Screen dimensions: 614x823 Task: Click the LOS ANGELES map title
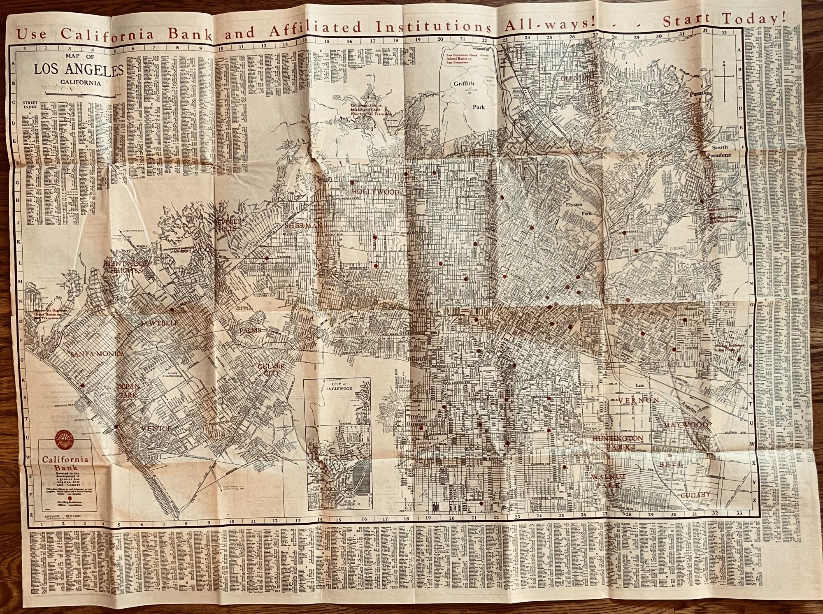(x=79, y=70)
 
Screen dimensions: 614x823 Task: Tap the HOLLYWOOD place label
(x=375, y=192)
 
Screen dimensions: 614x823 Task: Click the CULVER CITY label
(x=271, y=369)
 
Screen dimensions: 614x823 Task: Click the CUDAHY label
(x=695, y=495)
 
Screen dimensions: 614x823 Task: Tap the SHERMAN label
(x=304, y=226)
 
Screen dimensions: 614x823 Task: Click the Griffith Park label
(x=469, y=95)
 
